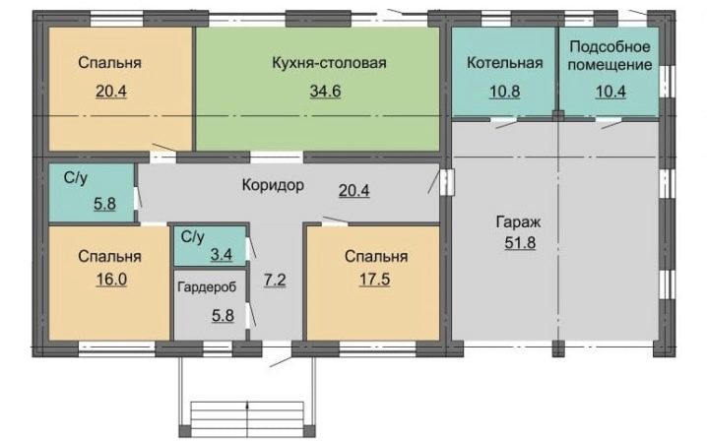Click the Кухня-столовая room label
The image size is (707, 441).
click(329, 63)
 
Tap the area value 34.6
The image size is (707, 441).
click(325, 92)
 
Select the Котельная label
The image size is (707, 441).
click(504, 63)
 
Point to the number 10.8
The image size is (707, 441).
click(504, 92)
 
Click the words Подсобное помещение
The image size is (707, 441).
click(610, 55)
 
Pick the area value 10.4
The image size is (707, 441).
click(611, 92)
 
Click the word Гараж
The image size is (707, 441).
click(518, 222)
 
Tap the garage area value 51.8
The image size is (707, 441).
click(520, 242)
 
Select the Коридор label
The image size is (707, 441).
click(273, 185)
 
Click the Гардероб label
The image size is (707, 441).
click(207, 286)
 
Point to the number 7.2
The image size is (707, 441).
click(275, 280)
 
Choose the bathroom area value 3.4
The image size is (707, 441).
click(222, 255)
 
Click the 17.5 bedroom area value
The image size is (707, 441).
click(374, 280)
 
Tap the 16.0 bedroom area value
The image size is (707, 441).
click(111, 280)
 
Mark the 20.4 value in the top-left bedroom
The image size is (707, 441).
click(111, 92)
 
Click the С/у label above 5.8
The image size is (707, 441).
click(75, 178)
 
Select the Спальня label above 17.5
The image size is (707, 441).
click(376, 257)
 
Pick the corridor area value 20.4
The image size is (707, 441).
click(353, 191)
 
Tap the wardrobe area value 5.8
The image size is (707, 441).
click(223, 315)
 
